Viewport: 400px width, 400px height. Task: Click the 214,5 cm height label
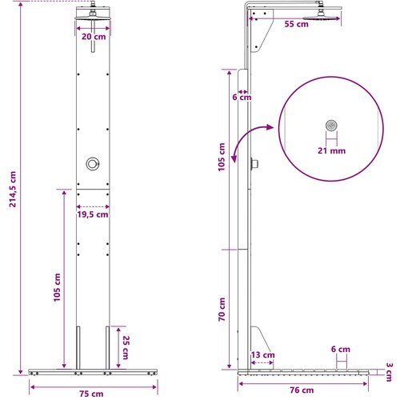[13, 189]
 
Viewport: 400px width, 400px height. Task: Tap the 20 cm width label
[94, 37]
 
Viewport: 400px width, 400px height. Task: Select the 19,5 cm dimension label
[93, 214]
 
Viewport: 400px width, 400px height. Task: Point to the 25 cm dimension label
[126, 347]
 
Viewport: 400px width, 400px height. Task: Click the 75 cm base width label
[91, 394]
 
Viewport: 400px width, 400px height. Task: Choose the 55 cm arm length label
[296, 24]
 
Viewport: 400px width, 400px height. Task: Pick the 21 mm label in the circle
[331, 150]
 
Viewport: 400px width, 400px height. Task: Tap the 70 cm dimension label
[222, 310]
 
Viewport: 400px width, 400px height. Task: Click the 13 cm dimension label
[262, 355]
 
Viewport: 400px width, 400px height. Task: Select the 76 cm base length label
[302, 390]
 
